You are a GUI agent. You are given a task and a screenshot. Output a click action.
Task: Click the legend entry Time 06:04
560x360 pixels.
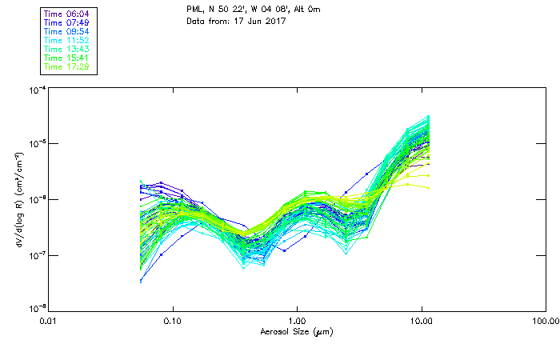[x=66, y=14]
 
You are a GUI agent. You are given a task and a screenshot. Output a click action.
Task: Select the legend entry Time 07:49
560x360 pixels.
[x=66, y=22]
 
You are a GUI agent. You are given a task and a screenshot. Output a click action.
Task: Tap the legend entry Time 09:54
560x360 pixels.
[x=66, y=31]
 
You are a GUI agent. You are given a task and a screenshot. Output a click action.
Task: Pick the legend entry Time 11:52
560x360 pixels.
[x=66, y=40]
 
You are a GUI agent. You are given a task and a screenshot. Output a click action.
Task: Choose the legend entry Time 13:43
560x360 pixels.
[x=66, y=49]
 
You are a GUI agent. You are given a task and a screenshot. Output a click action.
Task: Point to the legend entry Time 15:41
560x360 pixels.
[x=66, y=58]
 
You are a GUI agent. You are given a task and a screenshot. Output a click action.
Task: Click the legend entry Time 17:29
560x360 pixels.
[x=66, y=66]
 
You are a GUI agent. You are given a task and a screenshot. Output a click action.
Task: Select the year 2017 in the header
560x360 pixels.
[x=266, y=21]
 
